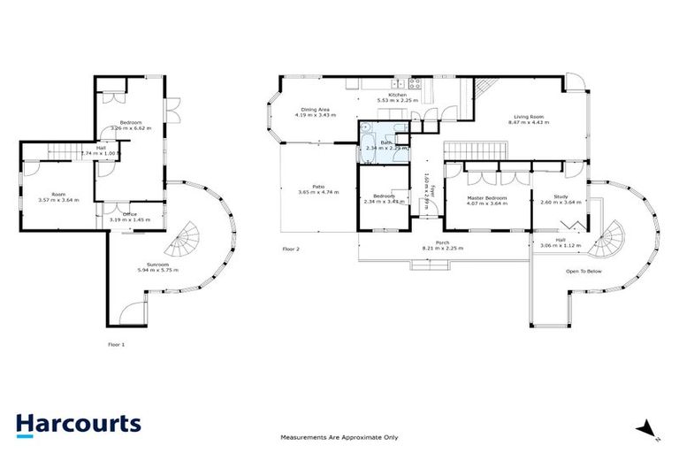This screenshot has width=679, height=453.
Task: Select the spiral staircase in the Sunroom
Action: [x=187, y=237]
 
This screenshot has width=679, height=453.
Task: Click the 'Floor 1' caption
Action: [x=116, y=343]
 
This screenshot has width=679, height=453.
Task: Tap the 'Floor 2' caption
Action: [x=291, y=250]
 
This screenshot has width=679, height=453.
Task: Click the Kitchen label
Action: [x=397, y=94]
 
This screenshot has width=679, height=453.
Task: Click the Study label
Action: [x=560, y=197]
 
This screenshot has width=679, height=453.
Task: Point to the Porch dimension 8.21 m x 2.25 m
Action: [x=441, y=248]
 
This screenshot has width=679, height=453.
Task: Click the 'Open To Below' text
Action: [x=584, y=271]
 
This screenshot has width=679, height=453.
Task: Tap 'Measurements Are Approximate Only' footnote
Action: [x=339, y=437]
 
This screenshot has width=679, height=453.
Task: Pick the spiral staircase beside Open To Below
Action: [x=608, y=237]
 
